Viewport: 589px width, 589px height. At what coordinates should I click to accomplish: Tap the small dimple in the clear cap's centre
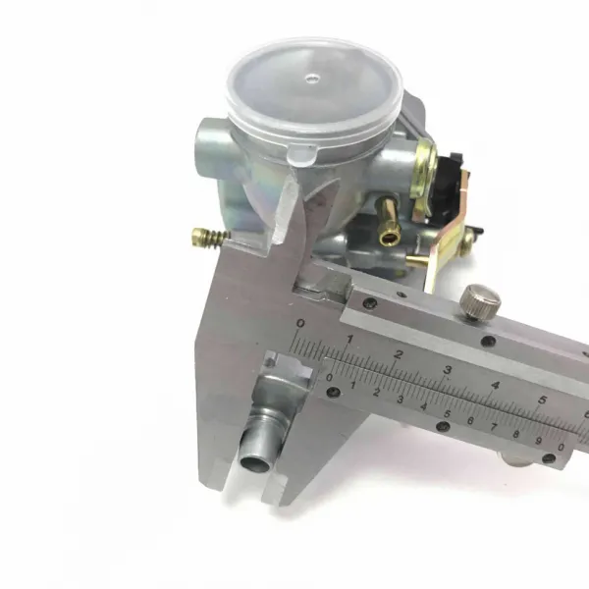pyautogui.click(x=312, y=79)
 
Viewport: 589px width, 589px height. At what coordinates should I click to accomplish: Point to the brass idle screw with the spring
pyautogui.click(x=210, y=237)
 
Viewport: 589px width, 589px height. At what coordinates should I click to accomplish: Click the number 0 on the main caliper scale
pyautogui.click(x=301, y=323)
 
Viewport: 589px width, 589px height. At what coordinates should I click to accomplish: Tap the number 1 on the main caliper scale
pyautogui.click(x=349, y=340)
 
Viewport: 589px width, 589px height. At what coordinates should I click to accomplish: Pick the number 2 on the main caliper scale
pyautogui.click(x=399, y=353)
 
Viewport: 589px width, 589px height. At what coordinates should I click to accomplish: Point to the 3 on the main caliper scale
pyautogui.click(x=447, y=370)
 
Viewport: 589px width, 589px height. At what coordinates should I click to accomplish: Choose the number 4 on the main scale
pyautogui.click(x=496, y=385)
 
